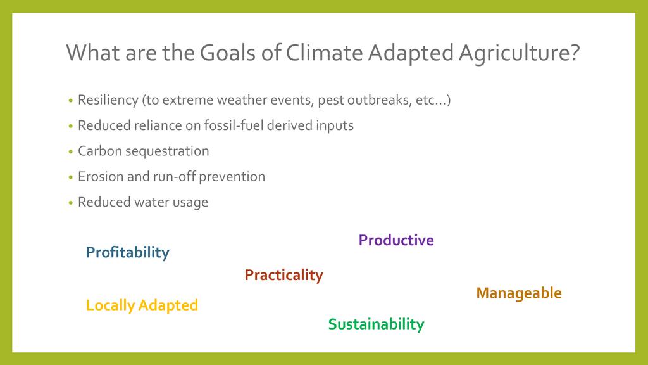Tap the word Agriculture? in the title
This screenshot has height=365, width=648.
click(x=519, y=54)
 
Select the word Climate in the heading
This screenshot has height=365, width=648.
click(x=324, y=53)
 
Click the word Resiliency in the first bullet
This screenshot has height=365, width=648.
click(x=108, y=101)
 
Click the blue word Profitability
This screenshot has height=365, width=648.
click(x=128, y=252)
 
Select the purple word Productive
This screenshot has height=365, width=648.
click(x=396, y=240)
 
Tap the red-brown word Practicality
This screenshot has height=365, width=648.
click(x=283, y=275)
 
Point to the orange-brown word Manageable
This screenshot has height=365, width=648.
click(x=519, y=293)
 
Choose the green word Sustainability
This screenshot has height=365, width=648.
click(x=376, y=324)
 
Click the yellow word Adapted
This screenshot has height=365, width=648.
click(x=168, y=305)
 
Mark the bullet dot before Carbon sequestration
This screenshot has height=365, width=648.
click(x=71, y=152)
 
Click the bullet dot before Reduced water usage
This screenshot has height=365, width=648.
click(x=71, y=203)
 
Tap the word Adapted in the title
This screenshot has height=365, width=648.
click(x=411, y=54)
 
